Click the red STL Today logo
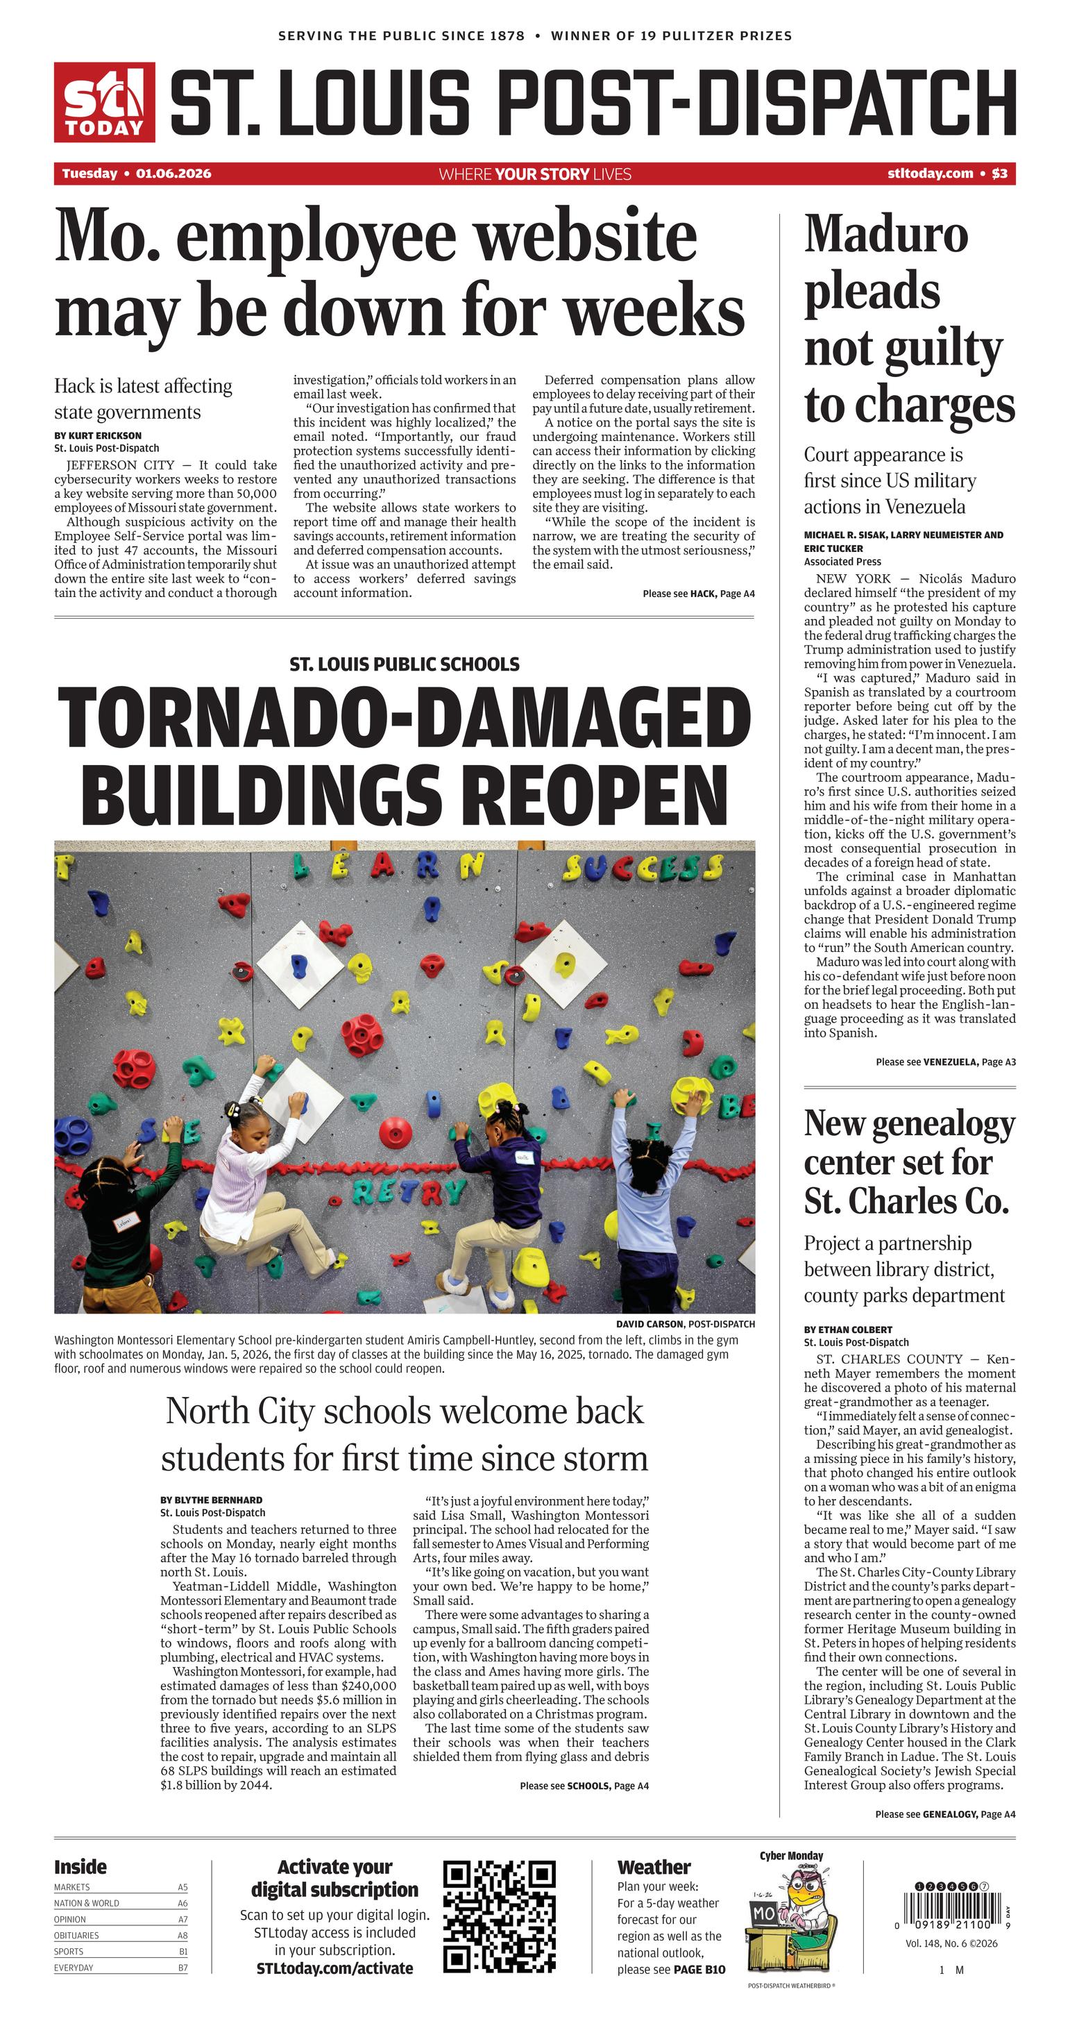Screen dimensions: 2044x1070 tap(104, 102)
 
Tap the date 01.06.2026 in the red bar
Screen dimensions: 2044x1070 tap(173, 174)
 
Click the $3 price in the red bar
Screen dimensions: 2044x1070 tap(999, 174)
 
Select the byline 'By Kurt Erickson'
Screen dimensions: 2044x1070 tap(98, 435)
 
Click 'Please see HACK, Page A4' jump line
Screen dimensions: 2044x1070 tap(698, 594)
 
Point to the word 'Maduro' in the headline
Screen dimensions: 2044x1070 tap(886, 235)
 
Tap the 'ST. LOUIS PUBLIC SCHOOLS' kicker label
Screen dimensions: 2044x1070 tap(405, 664)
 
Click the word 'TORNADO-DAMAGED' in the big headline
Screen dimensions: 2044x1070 tap(405, 717)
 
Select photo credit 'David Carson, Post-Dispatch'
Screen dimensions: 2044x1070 tap(686, 1323)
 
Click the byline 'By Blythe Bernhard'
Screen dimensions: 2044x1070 tap(211, 1500)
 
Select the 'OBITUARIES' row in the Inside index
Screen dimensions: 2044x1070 tap(121, 1935)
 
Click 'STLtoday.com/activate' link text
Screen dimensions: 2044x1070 tap(334, 1968)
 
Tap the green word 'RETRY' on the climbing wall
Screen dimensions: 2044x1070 tap(409, 1191)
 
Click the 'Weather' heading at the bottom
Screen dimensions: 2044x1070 tap(654, 1867)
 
